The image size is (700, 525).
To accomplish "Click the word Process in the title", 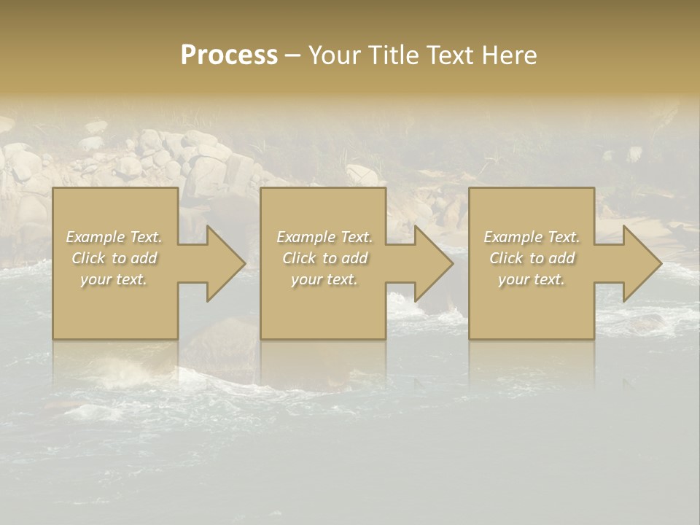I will tap(229, 55).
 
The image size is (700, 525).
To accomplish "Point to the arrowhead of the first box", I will tap(226, 263).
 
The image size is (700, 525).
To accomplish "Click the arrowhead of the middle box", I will tap(435, 263).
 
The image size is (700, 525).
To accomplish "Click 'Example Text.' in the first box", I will tap(114, 237).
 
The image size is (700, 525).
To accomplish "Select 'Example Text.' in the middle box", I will tap(324, 237).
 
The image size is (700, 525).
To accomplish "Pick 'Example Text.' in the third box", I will tap(532, 237).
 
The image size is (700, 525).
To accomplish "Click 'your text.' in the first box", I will tap(114, 279).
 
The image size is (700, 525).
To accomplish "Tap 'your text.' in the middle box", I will tap(324, 279).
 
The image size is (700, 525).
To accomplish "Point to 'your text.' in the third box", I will tap(532, 279).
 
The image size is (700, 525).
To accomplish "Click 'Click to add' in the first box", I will tap(114, 258).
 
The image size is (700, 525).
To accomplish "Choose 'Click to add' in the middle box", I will tap(324, 258).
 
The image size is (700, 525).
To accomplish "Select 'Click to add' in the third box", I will tap(532, 258).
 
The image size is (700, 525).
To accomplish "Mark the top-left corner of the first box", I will tap(53, 189).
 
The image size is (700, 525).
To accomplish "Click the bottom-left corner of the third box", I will tap(470, 338).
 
